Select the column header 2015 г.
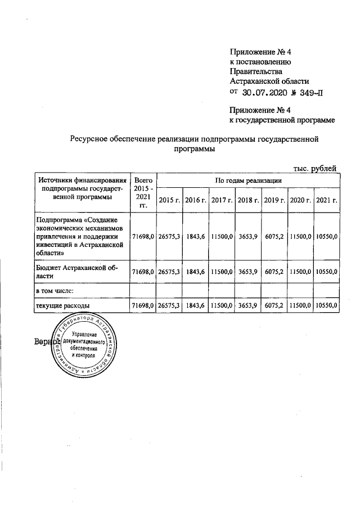coord(169,200)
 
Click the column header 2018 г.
coord(247,200)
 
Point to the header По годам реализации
coord(248,179)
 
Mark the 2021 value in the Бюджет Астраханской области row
coord(327,272)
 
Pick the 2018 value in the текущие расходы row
coord(248,305)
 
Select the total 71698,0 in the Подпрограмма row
coord(143,238)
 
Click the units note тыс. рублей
coord(316,167)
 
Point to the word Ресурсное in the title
coord(89,139)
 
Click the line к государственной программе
coord(282,120)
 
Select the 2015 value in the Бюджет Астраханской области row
coord(169,272)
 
